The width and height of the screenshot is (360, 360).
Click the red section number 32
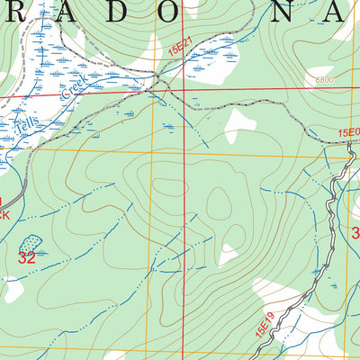pos(27,256)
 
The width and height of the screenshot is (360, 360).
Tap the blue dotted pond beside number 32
pos(31,242)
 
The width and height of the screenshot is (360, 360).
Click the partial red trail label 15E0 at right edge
pos(348,133)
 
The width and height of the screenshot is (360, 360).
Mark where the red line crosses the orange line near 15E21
pos(184,89)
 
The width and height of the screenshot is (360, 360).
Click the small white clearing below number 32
pos(13,290)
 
